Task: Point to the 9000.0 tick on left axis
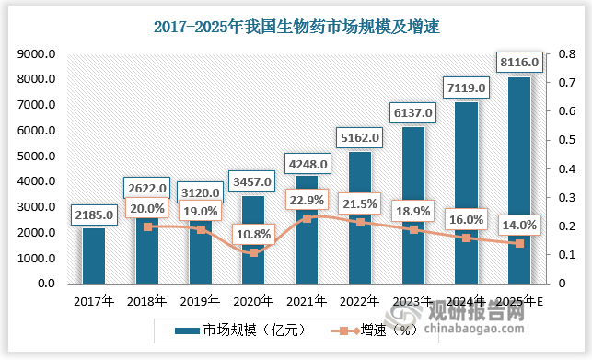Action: click(38, 55)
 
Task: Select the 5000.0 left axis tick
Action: click(38, 157)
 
